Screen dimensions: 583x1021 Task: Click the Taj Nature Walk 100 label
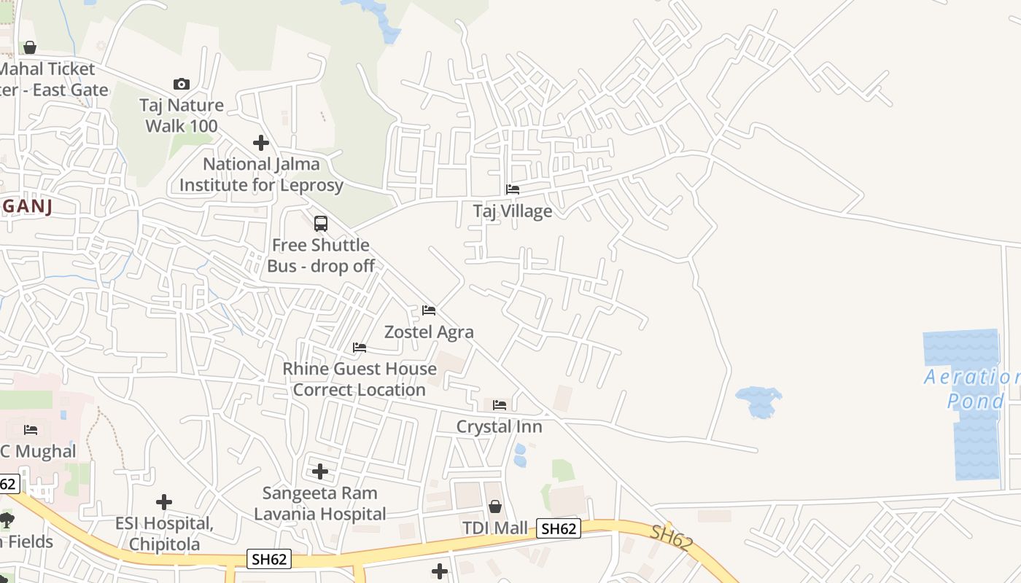coord(182,115)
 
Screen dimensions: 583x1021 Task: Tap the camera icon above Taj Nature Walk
coord(182,85)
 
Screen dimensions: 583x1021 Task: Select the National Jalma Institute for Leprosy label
coord(261,175)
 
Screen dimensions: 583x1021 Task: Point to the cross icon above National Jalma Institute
coord(261,143)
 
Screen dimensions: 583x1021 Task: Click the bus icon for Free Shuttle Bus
coord(321,224)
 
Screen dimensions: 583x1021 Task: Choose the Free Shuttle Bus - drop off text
coord(321,255)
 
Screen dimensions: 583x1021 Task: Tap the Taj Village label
coord(513,211)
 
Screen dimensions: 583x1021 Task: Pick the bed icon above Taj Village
coord(513,189)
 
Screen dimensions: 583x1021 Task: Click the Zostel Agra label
coord(429,332)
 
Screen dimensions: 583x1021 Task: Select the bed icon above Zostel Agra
coord(429,310)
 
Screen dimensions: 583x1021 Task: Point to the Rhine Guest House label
coord(360,379)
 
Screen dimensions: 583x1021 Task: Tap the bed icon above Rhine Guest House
coord(360,348)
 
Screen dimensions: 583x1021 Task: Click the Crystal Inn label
coord(500,426)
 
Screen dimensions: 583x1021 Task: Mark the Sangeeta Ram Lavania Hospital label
coord(320,504)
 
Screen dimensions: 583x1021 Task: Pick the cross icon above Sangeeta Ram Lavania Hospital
coord(320,472)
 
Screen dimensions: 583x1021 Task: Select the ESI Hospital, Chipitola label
coord(164,533)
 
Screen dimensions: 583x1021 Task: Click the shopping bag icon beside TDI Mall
coord(495,506)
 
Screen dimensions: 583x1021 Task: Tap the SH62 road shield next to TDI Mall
coord(559,529)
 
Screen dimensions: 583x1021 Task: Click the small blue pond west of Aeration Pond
coord(758,402)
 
